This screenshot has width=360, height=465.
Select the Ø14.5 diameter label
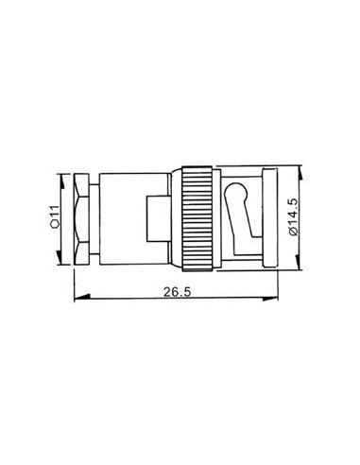(x=293, y=217)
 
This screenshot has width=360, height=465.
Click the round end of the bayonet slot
(x=238, y=194)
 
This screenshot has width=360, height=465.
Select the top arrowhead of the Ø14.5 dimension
(x=301, y=171)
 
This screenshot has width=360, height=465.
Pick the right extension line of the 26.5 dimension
(x=279, y=284)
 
